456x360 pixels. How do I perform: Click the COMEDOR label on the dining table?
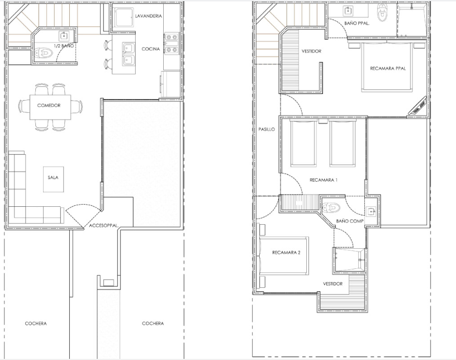point(49,105)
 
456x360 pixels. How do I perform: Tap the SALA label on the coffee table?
point(53,177)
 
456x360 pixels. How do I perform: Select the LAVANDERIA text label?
point(148,16)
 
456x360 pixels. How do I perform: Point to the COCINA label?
point(151,49)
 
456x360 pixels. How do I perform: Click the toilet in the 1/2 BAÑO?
point(44,53)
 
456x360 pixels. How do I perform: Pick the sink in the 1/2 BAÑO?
point(64,36)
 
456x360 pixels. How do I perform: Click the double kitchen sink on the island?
point(128,54)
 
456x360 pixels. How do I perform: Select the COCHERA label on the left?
point(36,323)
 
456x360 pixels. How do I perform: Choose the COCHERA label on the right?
point(153,323)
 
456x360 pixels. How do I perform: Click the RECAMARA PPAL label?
point(388,68)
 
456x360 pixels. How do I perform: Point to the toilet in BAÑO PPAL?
point(382,12)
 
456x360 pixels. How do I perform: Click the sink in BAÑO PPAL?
point(348,11)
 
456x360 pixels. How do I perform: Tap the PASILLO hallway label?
point(267,129)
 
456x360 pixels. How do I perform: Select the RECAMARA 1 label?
point(324,180)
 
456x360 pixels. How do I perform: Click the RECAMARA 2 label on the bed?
point(286,252)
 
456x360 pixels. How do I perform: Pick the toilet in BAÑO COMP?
point(331,207)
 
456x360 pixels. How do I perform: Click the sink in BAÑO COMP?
point(371,211)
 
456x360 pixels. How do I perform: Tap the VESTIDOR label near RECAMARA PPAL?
point(311,51)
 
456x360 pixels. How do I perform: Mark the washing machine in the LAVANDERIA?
point(123,17)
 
